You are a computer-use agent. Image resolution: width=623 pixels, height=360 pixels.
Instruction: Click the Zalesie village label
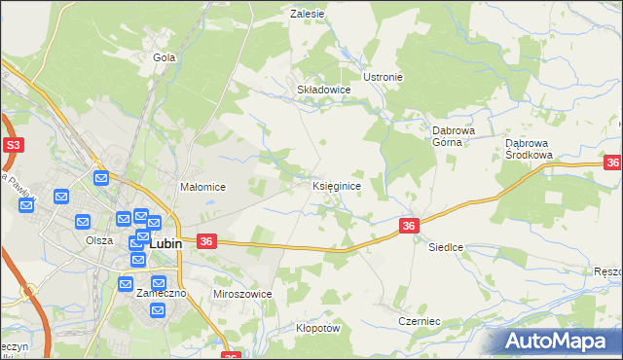[x=307, y=15]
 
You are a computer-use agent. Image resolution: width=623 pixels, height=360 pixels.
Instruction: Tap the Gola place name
[x=163, y=57]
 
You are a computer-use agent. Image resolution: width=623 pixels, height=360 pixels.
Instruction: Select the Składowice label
[x=323, y=89]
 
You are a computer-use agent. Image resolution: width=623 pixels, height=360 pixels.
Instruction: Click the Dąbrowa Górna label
[x=452, y=134]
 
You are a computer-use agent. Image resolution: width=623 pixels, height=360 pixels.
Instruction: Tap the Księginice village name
[x=338, y=185]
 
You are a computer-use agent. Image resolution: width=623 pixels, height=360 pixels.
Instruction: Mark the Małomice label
[x=202, y=187]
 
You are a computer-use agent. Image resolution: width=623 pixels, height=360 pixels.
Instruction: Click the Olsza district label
[x=98, y=240]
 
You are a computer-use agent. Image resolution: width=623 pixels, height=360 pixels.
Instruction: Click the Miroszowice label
[x=242, y=293]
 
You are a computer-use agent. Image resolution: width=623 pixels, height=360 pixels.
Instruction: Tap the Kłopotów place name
[x=317, y=328]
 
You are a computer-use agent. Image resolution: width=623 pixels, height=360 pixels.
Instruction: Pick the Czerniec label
[x=420, y=320]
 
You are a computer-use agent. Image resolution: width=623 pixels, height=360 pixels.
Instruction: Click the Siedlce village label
[x=446, y=248]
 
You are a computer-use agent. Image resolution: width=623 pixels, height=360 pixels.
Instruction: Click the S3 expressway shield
[x=13, y=145]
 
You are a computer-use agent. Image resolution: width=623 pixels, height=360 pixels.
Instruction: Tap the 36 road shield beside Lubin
[x=205, y=240]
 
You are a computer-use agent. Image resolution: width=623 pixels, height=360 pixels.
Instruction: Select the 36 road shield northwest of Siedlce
[x=409, y=226]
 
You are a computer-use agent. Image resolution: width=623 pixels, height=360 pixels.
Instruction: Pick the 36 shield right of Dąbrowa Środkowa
[x=612, y=163]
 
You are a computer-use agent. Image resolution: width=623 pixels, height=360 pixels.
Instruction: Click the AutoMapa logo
[x=559, y=341]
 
